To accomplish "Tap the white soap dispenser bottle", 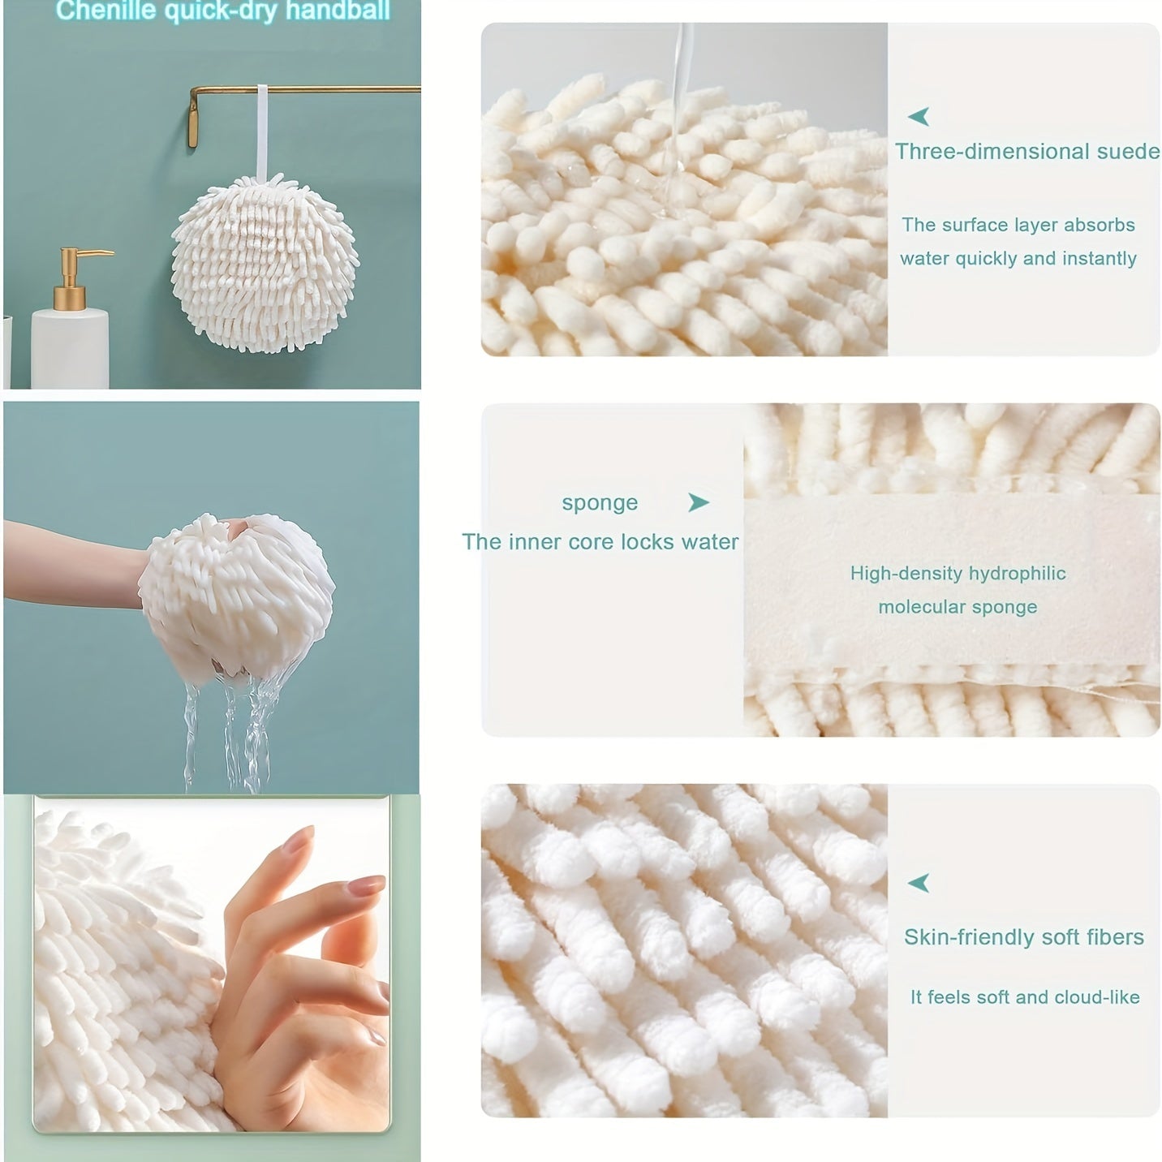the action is [70, 348].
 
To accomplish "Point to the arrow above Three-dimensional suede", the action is [919, 116].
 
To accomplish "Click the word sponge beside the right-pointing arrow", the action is [600, 503].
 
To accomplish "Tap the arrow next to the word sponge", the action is [699, 502].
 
